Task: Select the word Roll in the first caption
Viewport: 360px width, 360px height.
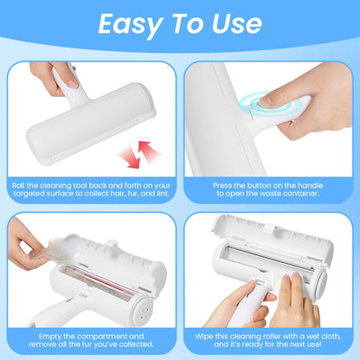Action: pyautogui.click(x=20, y=184)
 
